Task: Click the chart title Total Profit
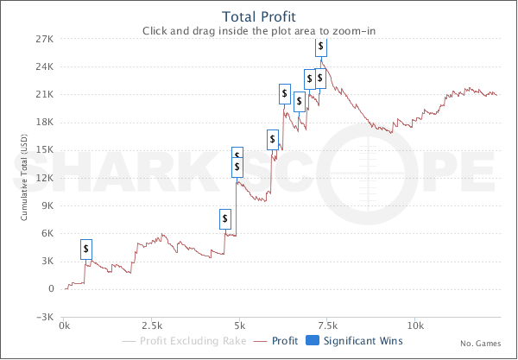[259, 16]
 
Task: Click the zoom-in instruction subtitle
[259, 30]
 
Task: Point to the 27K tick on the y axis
[45, 39]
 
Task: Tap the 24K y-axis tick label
[45, 66]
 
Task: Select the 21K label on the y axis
[45, 94]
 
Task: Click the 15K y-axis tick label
[45, 149]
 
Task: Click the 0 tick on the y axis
[51, 288]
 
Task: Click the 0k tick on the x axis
[64, 326]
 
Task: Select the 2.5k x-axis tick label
[151, 326]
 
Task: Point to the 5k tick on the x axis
[239, 326]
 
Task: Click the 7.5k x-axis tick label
[327, 326]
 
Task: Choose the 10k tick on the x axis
[415, 326]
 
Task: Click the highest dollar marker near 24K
[321, 46]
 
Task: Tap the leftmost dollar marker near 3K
[86, 249]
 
